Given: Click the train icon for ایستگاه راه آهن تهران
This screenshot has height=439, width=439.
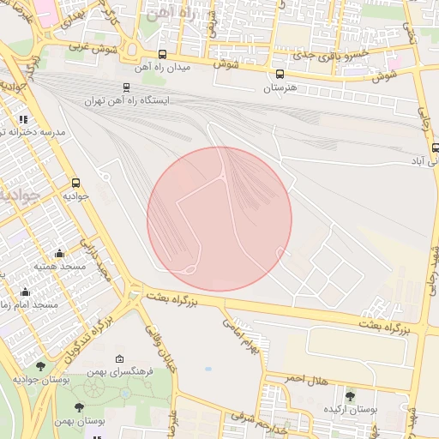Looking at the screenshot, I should [127, 87].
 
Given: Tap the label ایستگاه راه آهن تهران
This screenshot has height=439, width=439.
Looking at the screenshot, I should [127, 100].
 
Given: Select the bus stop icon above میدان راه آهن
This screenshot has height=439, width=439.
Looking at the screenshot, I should [162, 54].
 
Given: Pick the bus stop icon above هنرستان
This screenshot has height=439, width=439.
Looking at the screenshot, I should [280, 75].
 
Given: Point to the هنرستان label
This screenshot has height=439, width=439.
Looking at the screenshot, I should [280, 87].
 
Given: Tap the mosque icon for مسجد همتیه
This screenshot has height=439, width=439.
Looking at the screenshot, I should [59, 253].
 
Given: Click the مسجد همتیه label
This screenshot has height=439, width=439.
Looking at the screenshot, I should [59, 267].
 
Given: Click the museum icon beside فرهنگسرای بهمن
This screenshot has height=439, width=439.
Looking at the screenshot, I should [118, 358].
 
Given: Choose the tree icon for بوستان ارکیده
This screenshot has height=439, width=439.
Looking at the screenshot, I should [350, 395].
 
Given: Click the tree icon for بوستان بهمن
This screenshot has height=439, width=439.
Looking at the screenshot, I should [80, 408].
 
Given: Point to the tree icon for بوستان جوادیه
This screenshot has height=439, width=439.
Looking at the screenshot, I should [40, 366].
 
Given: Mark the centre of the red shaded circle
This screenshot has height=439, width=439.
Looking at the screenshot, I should [219, 219].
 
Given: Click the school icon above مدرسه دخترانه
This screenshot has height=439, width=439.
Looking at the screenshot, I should [22, 120].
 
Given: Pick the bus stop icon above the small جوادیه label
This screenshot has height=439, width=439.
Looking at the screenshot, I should [76, 183].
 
